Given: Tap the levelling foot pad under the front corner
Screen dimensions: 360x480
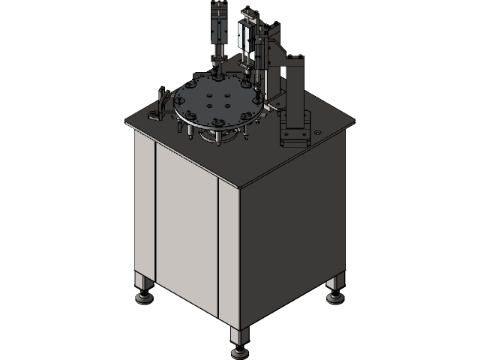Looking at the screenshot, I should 240,352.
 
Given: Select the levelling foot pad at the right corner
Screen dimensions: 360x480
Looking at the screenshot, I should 334,298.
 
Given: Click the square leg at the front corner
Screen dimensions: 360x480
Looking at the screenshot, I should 240,336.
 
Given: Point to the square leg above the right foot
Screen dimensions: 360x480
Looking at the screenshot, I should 335,284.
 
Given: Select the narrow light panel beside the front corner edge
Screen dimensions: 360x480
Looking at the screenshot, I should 228,255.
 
